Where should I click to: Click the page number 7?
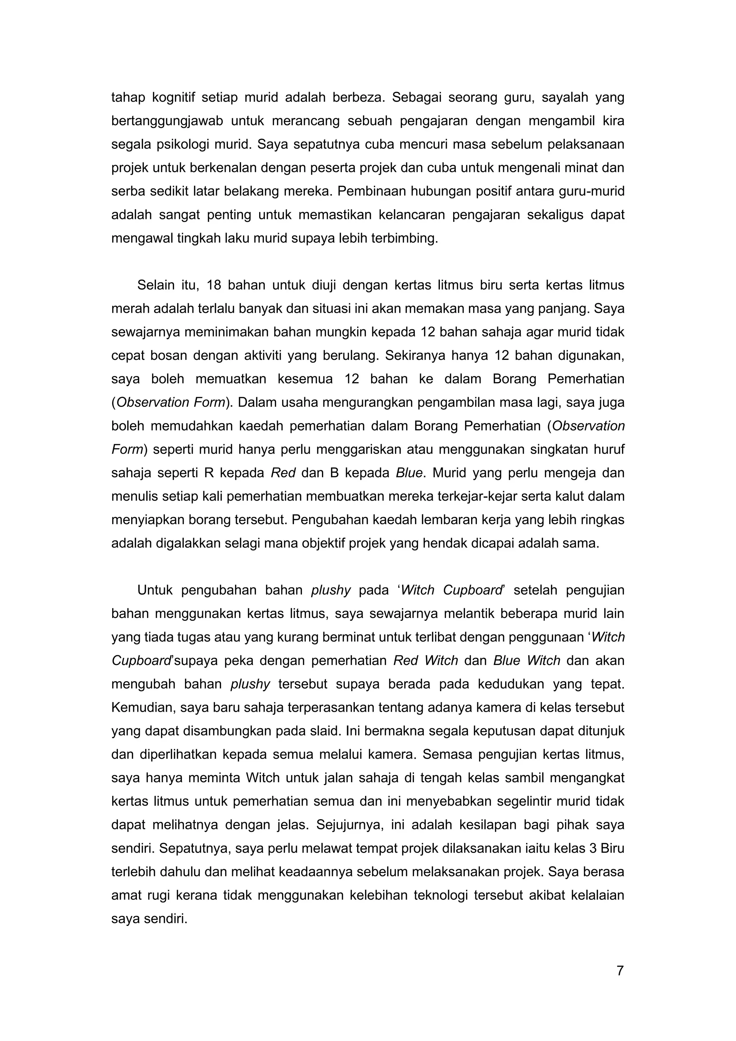620,971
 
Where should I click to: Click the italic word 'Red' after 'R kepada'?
283,473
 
